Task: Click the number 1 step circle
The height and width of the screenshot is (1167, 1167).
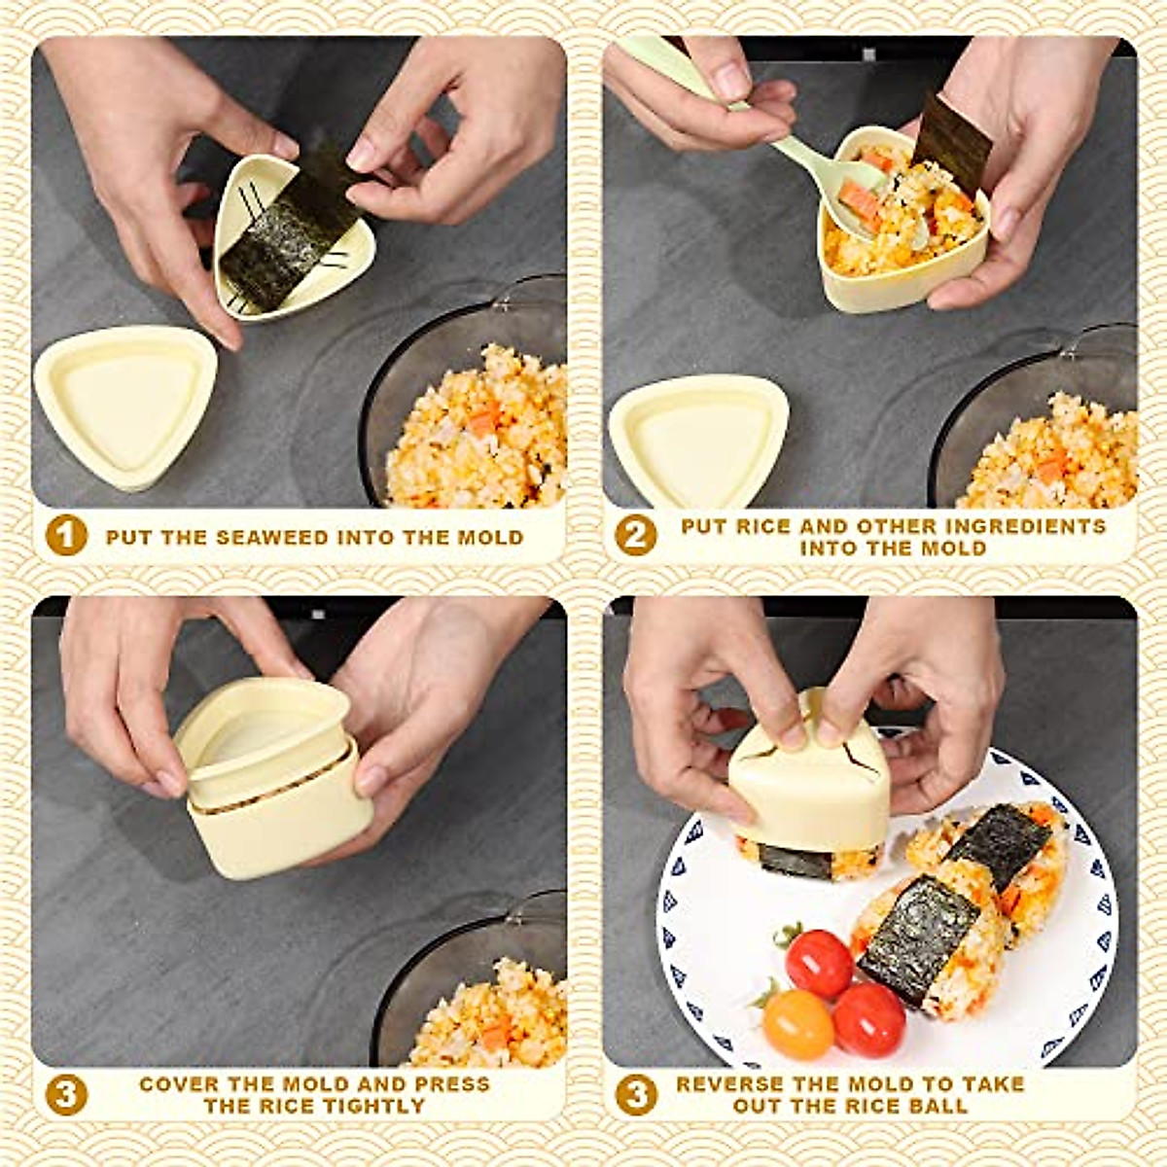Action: [x=66, y=536]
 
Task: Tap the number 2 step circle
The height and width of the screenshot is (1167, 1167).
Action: [x=635, y=536]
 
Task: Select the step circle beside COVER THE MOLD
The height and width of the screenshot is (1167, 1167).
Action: [x=66, y=1095]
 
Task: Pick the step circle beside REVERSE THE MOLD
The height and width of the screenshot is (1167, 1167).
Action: [x=635, y=1095]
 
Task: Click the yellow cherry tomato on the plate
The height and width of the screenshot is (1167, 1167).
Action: [x=797, y=1023]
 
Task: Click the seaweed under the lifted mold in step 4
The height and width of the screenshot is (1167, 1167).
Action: [x=796, y=861]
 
